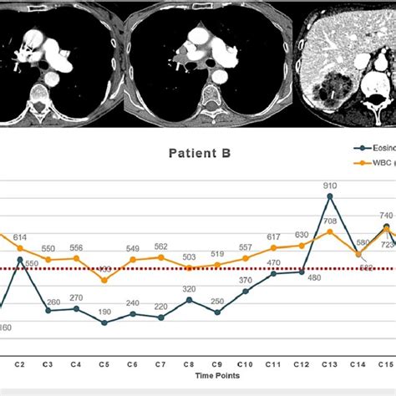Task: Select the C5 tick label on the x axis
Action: pyautogui.click(x=104, y=366)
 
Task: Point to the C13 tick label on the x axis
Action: pyautogui.click(x=330, y=366)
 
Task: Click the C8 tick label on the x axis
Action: pyautogui.click(x=189, y=366)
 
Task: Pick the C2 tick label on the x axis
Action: pyautogui.click(x=19, y=366)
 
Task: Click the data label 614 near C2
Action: pyautogui.click(x=20, y=237)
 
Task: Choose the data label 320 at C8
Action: pyautogui.click(x=190, y=289)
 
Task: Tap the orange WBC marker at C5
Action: pyautogui.click(x=104, y=280)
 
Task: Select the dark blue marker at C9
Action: pyautogui.click(x=217, y=312)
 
